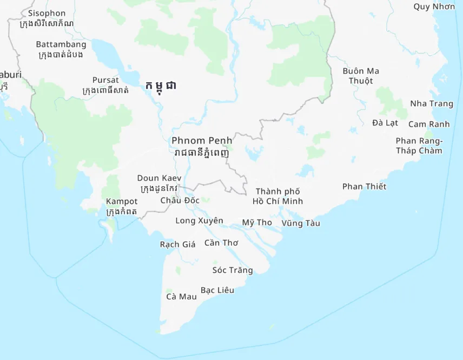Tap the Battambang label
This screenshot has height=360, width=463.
point(61,44)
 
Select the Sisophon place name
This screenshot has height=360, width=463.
point(47,13)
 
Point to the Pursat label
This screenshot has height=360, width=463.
point(105,80)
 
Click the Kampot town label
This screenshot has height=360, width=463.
point(122,201)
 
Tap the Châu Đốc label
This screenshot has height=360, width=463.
point(180,200)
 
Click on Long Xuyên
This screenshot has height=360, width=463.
point(199,221)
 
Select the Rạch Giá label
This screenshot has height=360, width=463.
point(177,244)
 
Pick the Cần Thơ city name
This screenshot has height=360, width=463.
point(221,243)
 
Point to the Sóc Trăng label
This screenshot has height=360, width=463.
point(233,270)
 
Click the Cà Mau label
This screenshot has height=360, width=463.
point(181,296)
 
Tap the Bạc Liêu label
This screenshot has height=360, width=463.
point(217,290)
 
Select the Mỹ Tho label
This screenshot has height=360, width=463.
point(257,222)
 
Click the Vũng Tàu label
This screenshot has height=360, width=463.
point(301,223)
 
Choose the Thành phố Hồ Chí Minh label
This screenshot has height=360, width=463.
point(277,196)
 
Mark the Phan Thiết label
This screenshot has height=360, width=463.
point(365,187)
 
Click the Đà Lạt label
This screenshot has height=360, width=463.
point(385,123)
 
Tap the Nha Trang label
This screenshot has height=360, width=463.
point(432,103)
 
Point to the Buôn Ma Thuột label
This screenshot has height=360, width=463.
point(361,76)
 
